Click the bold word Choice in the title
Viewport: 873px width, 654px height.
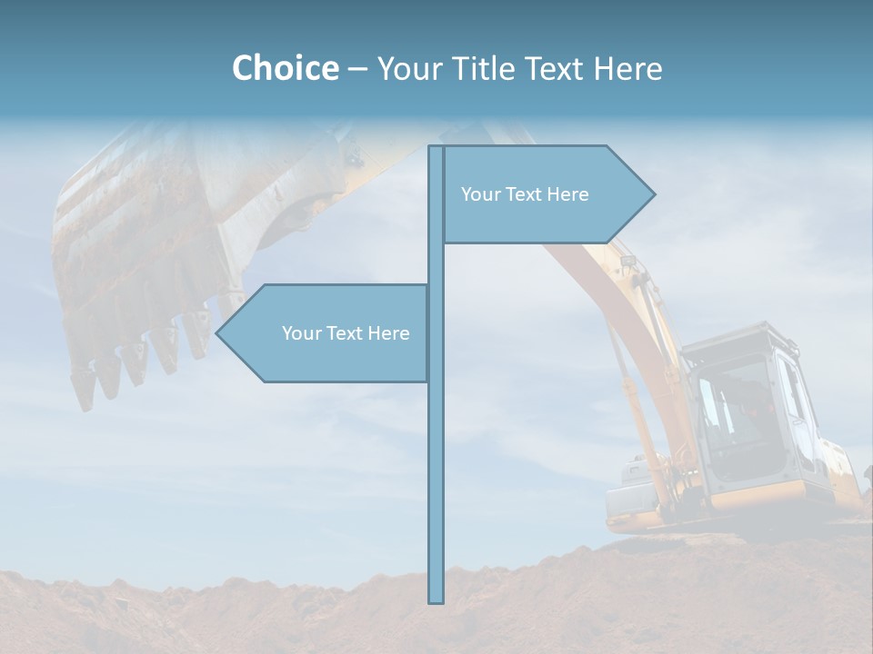[x=285, y=68]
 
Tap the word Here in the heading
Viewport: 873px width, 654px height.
[x=627, y=68]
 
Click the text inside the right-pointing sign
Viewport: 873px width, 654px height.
[x=525, y=194]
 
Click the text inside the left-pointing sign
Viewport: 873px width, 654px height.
[x=346, y=333]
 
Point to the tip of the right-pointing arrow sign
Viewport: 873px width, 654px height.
[x=654, y=193]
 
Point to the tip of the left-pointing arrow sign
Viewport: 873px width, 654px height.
[x=216, y=333]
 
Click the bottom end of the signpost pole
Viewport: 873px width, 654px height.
[x=436, y=601]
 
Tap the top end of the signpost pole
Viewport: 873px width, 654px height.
[x=436, y=147]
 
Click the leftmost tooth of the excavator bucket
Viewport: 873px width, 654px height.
[x=83, y=391]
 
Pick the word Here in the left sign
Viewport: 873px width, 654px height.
[x=388, y=333]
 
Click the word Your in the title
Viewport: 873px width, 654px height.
[x=408, y=68]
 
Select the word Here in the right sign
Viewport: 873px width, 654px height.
[x=567, y=194]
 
